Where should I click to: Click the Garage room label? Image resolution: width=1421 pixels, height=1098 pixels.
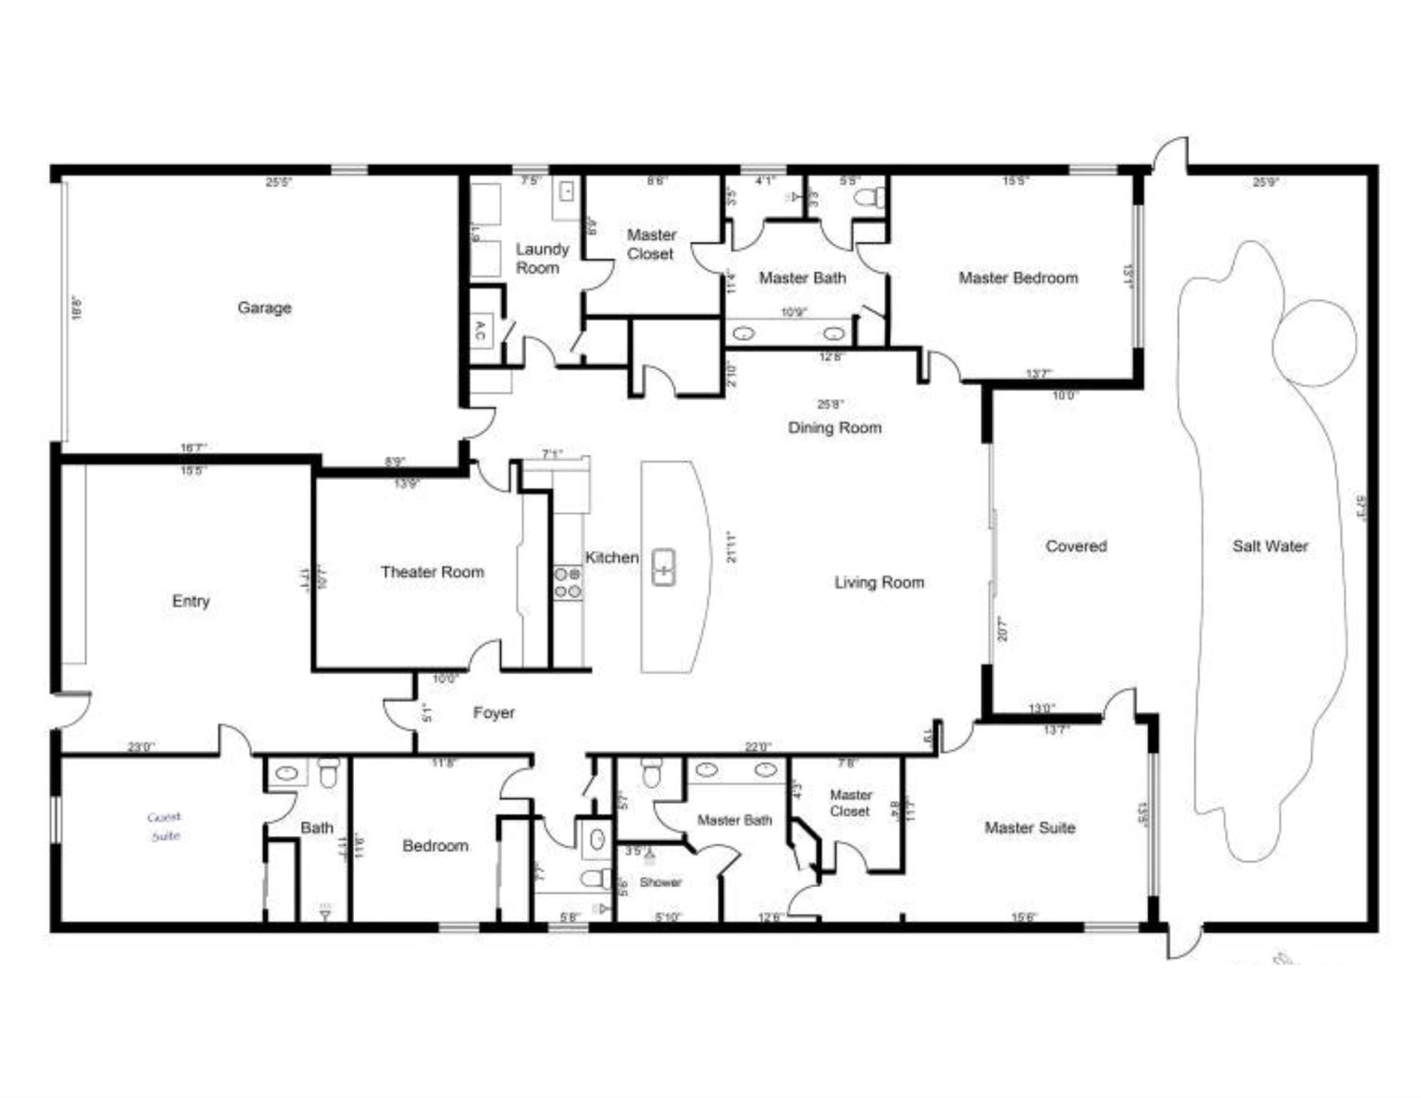pos(265,308)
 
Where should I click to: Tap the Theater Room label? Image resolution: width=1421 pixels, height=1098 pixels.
pos(432,572)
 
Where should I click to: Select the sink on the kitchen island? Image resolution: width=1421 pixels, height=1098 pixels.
pos(664,568)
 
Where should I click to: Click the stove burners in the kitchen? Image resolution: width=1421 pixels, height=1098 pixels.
pos(568,582)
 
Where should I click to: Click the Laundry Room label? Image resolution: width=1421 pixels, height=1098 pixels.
pos(541,258)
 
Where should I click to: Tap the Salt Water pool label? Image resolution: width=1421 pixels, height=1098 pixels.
pos(1269,546)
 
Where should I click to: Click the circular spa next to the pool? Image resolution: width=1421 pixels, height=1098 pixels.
pos(1314,343)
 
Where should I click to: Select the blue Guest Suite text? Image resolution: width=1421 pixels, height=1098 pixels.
pos(164,826)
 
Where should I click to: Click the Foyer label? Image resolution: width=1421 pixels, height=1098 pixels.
pos(493,712)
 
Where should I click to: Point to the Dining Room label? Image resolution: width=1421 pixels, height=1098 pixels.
pos(835,428)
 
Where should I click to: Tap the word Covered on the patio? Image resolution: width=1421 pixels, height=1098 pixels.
pos(1076,546)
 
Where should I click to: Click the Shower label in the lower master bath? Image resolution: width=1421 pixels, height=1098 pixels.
pos(660,882)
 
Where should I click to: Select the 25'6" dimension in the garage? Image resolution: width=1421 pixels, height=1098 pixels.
pos(278,182)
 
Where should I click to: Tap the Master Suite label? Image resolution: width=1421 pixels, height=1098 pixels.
pos(1029,828)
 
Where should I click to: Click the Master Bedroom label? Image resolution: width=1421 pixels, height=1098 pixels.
pos(1018,278)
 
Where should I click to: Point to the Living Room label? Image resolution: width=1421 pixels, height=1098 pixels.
pos(879,582)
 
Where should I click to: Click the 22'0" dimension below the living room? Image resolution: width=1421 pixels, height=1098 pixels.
pos(757,747)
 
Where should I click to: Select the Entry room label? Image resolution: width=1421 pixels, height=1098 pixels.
pos(190,601)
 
